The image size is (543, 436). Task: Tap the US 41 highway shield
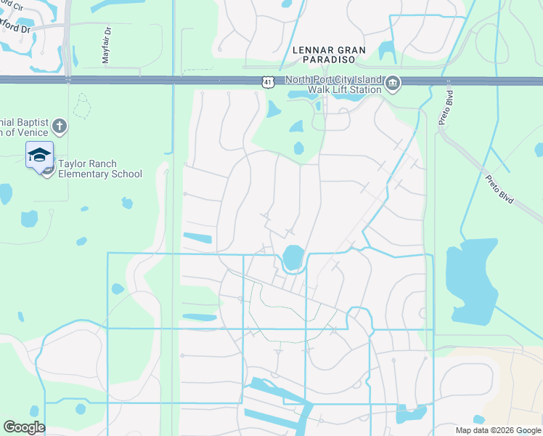coord(269,83)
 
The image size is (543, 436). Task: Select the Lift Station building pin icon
coord(393,84)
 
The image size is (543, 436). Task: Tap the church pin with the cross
coord(60,128)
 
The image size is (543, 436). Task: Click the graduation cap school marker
coord(39,154)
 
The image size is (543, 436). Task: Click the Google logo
coord(24,427)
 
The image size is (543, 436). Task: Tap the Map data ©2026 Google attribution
coord(497,430)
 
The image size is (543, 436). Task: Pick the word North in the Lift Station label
coord(301,80)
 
